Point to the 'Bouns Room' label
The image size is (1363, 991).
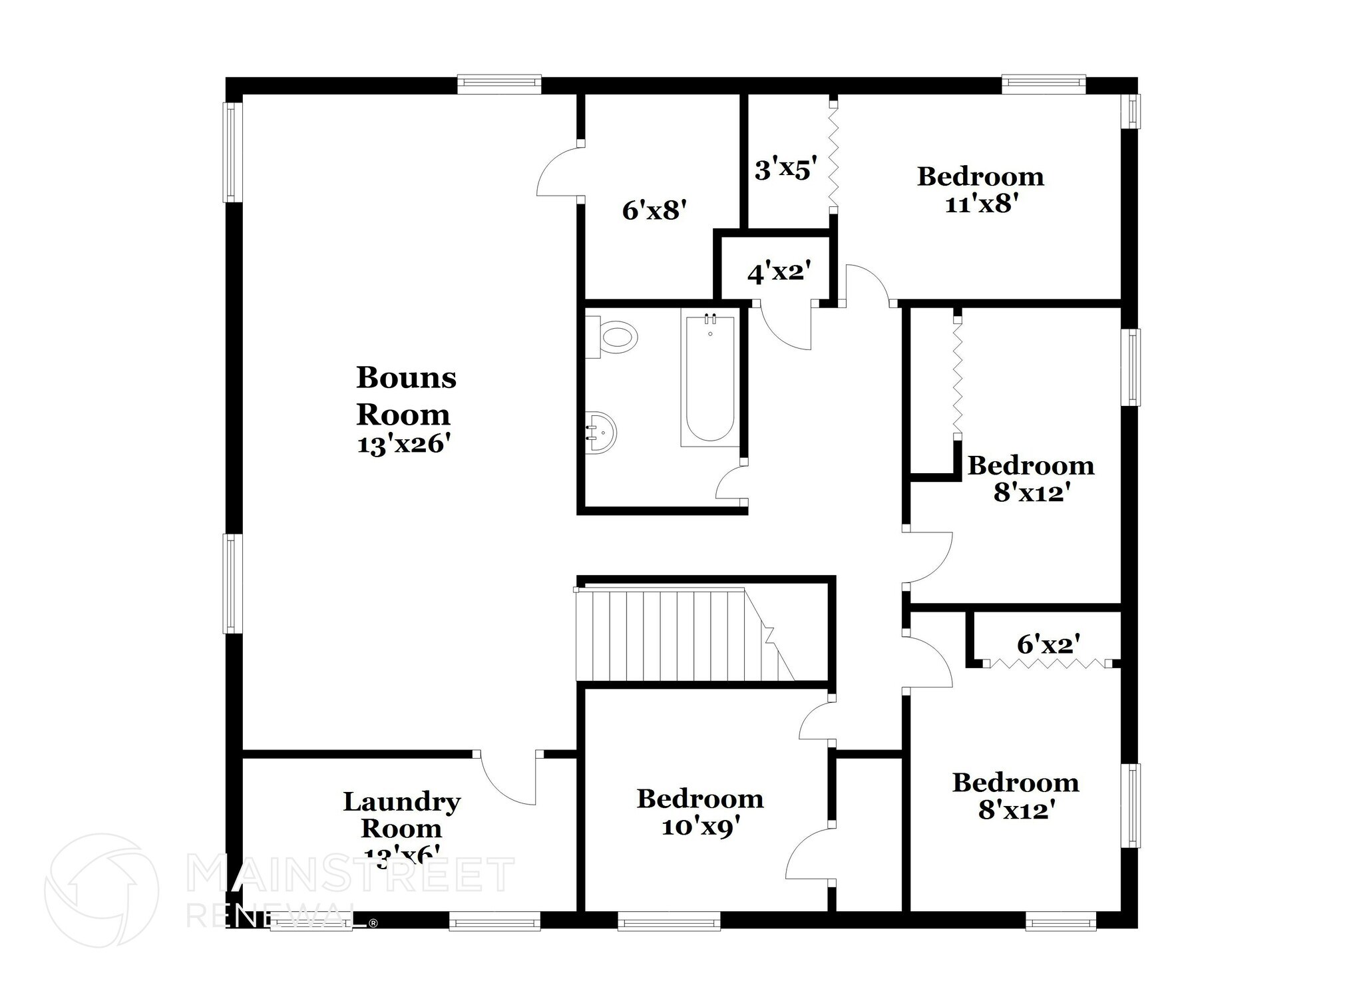(x=405, y=396)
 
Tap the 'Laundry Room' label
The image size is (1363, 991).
(x=401, y=815)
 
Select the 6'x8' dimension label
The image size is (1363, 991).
(x=654, y=211)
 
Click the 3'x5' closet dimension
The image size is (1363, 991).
(x=785, y=170)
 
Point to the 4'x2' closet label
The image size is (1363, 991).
(x=779, y=272)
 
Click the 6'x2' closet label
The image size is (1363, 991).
(x=1048, y=644)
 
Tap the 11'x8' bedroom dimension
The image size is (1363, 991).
(x=982, y=204)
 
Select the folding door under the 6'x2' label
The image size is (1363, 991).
(x=1048, y=664)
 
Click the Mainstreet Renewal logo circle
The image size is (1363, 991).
(x=101, y=890)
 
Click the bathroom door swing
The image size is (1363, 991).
(x=731, y=484)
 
